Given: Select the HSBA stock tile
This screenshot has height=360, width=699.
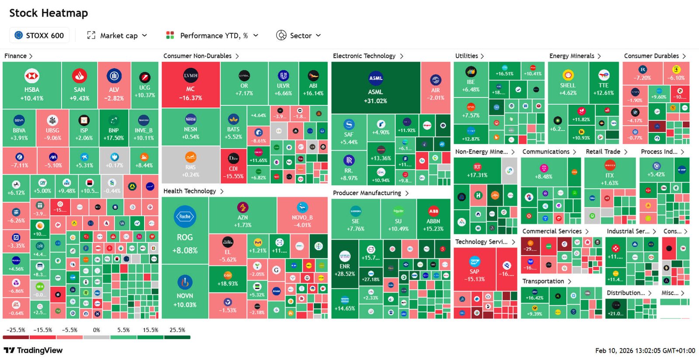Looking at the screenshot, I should click(x=31, y=86).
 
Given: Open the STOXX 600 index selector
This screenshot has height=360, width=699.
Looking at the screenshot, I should click(x=39, y=35).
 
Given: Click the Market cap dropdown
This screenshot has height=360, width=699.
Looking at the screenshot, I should click(x=117, y=35).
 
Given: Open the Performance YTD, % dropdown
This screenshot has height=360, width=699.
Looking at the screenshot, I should click(x=212, y=35).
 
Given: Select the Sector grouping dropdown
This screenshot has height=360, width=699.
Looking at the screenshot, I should click(x=299, y=35).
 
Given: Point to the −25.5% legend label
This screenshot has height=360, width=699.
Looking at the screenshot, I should click(x=16, y=330).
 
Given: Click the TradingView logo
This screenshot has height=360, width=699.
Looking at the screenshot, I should click(x=33, y=350).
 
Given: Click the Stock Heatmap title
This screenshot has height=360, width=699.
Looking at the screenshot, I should click(x=48, y=13).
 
